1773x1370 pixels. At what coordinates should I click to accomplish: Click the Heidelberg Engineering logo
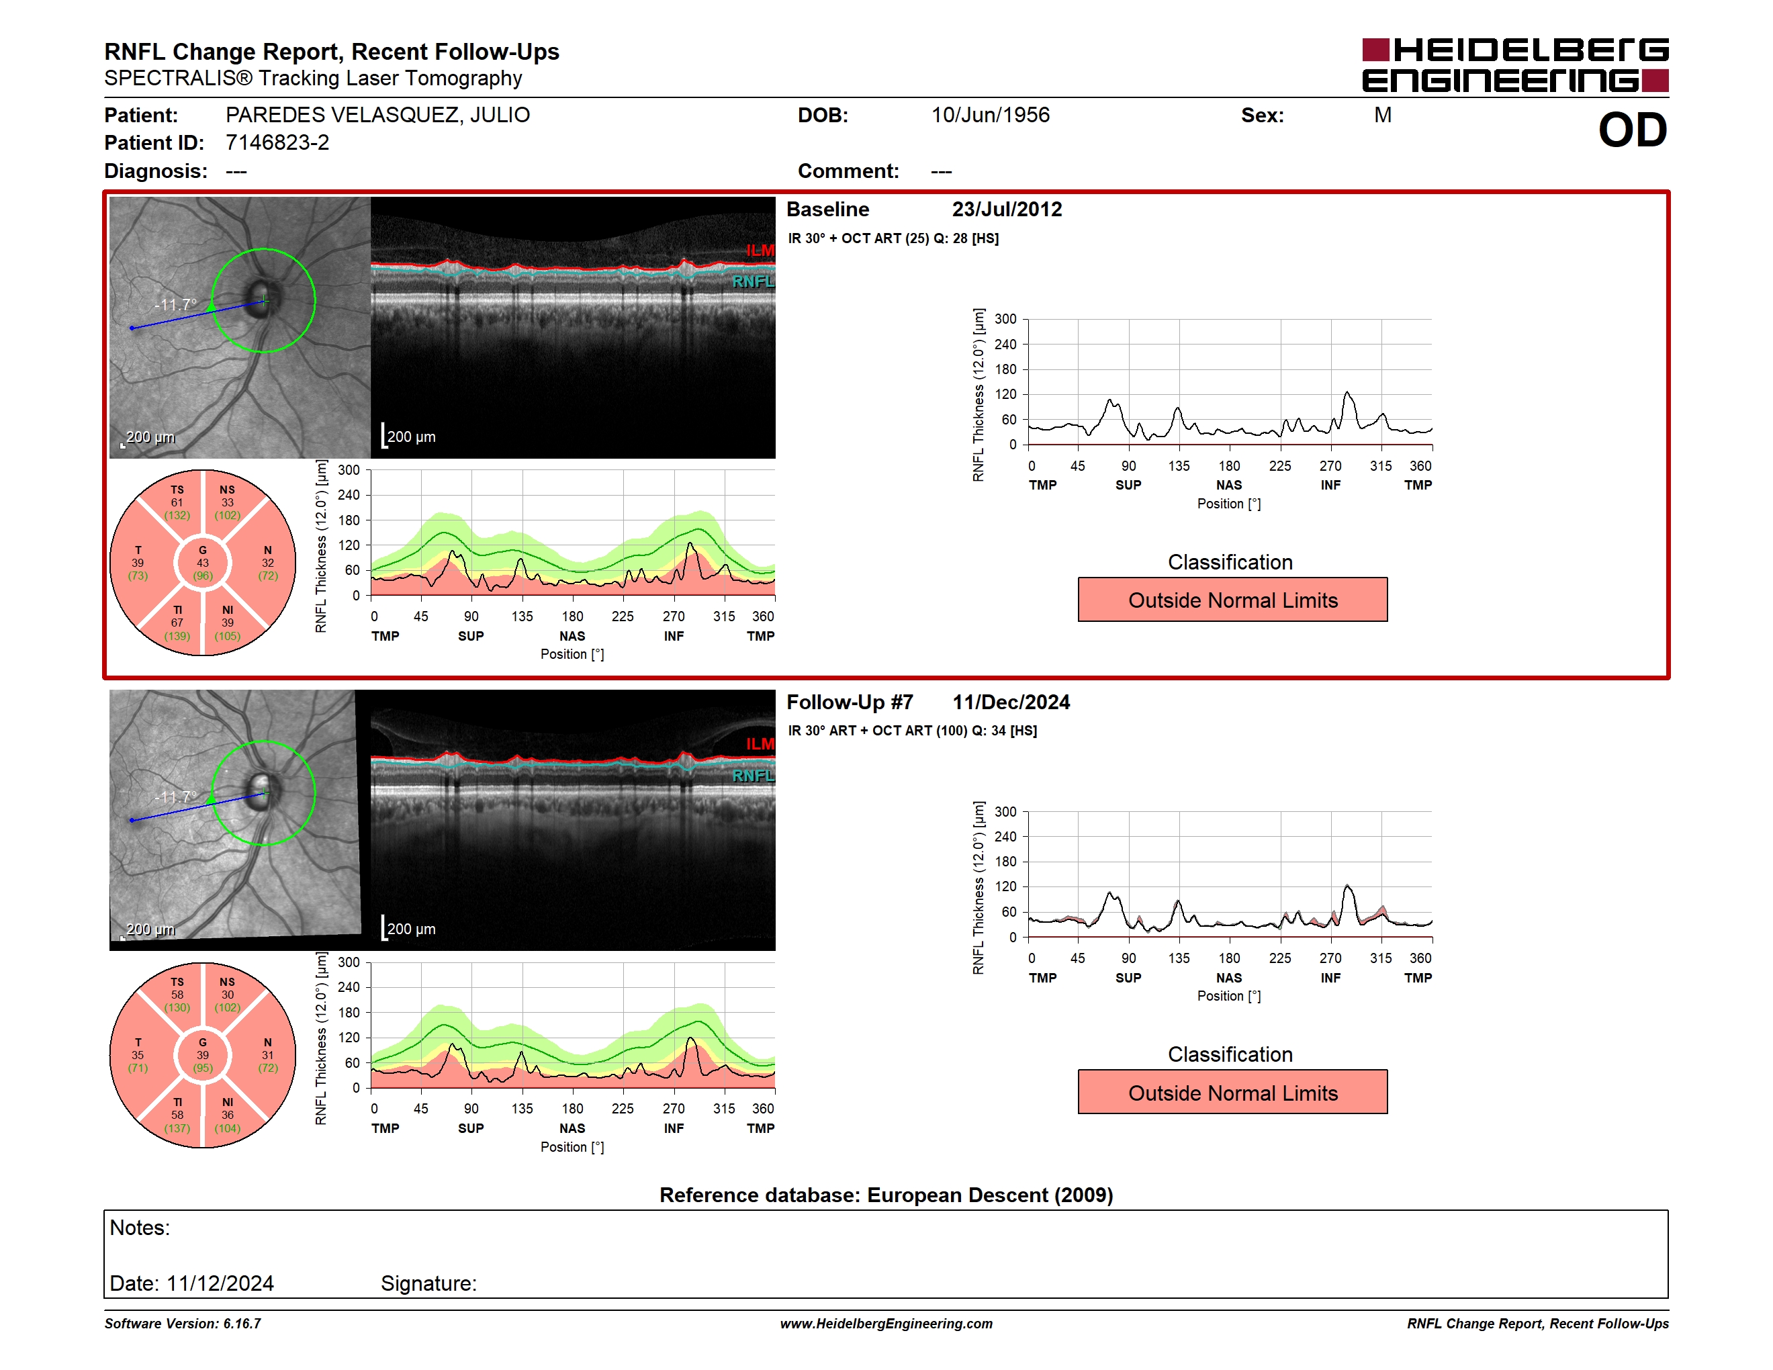1515,65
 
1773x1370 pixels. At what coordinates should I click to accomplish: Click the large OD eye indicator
1632,130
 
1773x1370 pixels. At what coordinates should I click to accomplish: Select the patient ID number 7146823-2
277,143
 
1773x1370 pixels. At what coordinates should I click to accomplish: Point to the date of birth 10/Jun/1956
991,116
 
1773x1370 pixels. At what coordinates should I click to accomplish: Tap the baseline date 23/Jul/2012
1007,210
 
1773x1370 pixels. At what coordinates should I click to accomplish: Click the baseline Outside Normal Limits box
1232,600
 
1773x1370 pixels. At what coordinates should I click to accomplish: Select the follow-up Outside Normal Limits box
1232,1093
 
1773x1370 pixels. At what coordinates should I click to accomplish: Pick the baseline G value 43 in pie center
203,563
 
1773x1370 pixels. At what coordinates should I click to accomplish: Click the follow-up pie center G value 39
203,1055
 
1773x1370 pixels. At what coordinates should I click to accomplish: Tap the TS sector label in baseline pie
177,490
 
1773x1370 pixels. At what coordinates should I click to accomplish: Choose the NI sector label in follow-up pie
227,1102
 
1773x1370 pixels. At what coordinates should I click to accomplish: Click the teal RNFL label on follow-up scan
754,776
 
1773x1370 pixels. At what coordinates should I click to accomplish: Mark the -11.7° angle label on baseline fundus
176,304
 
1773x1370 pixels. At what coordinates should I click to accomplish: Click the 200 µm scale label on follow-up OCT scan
411,929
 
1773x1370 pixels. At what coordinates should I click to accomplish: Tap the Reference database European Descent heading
886,1195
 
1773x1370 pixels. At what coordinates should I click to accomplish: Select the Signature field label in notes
428,1283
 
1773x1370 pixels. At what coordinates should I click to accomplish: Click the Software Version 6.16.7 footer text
183,1324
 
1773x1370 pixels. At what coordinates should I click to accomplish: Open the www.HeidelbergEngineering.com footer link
886,1324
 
